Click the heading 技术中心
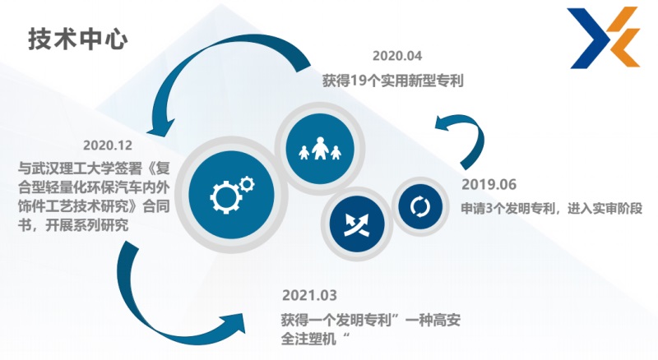point(78,39)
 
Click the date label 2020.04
point(397,56)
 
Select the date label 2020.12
point(108,145)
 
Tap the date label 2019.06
point(489,184)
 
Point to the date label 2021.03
point(309,295)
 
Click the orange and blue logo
point(605,37)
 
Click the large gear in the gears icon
point(225,197)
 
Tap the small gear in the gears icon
point(248,184)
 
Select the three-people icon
point(320,148)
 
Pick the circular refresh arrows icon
point(420,207)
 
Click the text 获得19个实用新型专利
point(393,81)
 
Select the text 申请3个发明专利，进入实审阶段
point(552,209)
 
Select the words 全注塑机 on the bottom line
point(308,339)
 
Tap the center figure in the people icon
point(320,148)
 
